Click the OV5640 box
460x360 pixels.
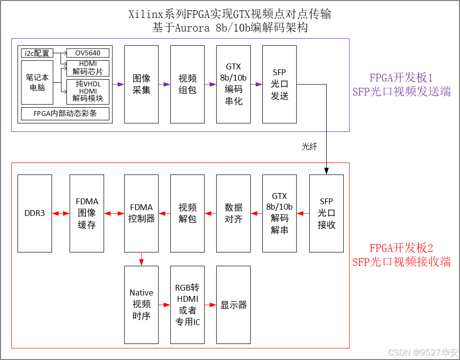88,53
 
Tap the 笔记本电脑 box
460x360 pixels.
37,82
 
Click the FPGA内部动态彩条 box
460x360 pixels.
65,114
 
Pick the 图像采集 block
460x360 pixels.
142,84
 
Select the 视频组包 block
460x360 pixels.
187,84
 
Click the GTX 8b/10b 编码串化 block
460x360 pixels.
234,84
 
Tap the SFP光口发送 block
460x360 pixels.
280,84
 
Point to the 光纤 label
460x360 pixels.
309,146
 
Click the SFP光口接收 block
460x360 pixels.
326,213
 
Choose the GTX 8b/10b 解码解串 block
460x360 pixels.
280,213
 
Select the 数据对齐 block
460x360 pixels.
234,213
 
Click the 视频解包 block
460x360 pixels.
187,213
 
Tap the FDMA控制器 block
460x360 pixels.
142,213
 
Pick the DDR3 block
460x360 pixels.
34,213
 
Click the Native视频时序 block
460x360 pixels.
142,304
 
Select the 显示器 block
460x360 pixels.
234,305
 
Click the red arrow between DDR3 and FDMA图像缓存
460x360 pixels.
61,213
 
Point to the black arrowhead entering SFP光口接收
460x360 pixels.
327,171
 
